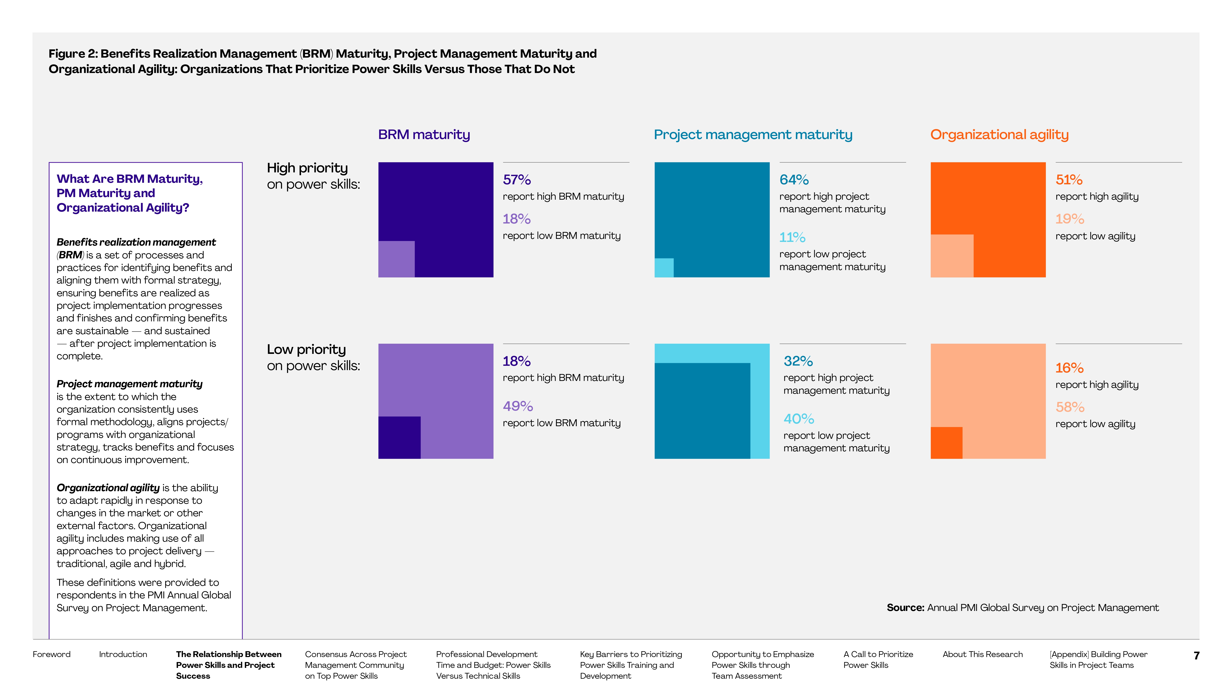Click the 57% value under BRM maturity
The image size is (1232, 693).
(x=516, y=180)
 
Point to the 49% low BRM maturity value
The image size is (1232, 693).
(x=518, y=406)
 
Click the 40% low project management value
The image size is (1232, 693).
(x=798, y=419)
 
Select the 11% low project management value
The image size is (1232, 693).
(x=792, y=237)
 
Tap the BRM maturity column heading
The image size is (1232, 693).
(x=424, y=135)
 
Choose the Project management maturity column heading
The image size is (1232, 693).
(x=753, y=135)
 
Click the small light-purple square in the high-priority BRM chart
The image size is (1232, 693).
(x=396, y=259)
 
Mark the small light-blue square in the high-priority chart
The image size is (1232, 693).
(x=664, y=267)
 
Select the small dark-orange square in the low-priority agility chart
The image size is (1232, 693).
(x=946, y=443)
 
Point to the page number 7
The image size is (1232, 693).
(x=1196, y=656)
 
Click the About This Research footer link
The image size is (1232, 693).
(x=982, y=654)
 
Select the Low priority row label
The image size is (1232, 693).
(x=306, y=350)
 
